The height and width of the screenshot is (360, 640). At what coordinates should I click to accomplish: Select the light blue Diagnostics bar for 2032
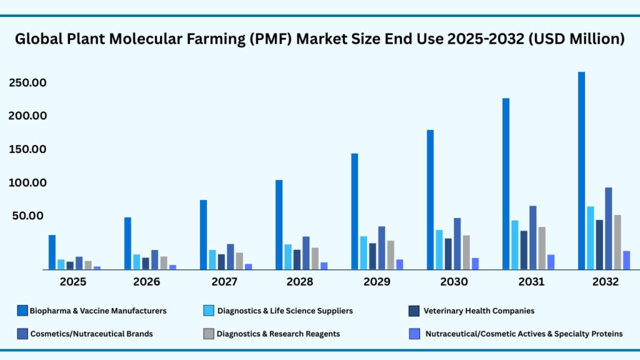click(x=590, y=237)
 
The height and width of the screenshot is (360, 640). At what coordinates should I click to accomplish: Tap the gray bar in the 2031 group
click(x=542, y=247)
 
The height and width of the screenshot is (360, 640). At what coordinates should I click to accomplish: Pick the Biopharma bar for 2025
click(x=52, y=252)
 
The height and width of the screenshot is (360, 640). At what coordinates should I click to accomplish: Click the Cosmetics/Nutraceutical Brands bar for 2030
click(x=457, y=243)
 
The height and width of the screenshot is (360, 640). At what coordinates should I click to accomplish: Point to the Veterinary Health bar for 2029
click(x=372, y=256)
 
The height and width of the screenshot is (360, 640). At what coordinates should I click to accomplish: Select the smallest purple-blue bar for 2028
click(x=324, y=266)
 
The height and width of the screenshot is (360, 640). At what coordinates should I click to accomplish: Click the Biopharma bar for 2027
click(x=203, y=234)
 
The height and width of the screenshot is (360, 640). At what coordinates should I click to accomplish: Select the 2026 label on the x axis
click(x=147, y=282)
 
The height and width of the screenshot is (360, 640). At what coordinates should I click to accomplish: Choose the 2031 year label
click(x=531, y=282)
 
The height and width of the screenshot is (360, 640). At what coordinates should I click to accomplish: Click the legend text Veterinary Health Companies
click(x=479, y=311)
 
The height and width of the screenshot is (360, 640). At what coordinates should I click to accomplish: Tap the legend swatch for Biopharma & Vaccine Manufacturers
click(x=22, y=311)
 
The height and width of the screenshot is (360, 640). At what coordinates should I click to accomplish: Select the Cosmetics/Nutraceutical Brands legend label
click(x=91, y=334)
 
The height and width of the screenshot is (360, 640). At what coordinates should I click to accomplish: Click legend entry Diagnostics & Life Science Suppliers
click(x=284, y=311)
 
